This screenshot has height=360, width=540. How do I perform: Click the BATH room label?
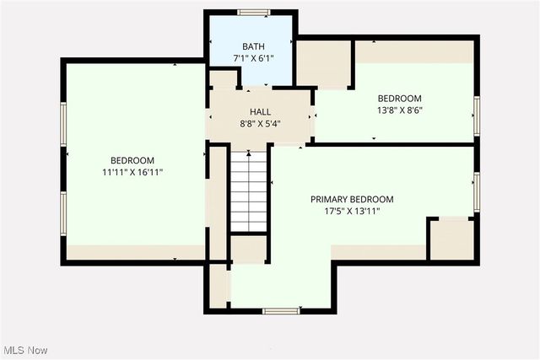(x=253, y=46)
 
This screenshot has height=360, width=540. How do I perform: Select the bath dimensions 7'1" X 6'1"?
(x=253, y=59)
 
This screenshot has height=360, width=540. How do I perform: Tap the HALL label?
(x=260, y=111)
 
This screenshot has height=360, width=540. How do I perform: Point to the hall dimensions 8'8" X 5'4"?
(x=260, y=123)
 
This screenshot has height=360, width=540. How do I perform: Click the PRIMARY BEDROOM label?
(x=352, y=199)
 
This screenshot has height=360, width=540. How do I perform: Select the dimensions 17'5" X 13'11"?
(x=352, y=212)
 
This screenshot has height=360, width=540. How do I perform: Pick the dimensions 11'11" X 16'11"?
(x=132, y=172)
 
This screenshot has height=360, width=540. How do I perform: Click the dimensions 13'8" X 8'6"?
(x=400, y=110)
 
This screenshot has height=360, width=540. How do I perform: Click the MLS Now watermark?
(x=25, y=350)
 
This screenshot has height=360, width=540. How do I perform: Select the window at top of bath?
(x=253, y=13)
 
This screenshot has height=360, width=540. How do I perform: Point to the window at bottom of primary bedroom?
(x=282, y=311)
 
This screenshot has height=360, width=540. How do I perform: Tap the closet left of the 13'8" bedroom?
(x=324, y=63)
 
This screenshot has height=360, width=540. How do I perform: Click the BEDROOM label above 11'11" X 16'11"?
(x=132, y=160)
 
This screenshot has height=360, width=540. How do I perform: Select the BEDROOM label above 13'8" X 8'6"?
(x=400, y=98)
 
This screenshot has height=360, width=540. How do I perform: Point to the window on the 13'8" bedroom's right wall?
(x=476, y=115)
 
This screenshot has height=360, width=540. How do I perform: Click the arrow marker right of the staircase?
(x=273, y=181)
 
